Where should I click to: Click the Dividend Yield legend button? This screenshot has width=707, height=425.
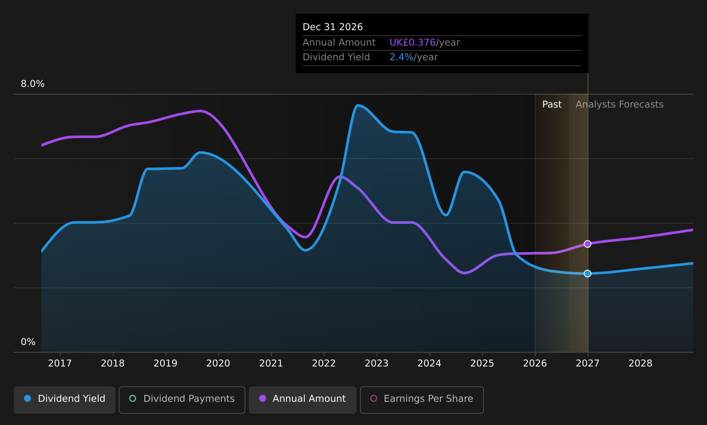coord(65,400)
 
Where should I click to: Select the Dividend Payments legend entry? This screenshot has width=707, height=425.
coord(182,400)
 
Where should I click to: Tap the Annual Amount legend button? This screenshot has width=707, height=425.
coord(303,400)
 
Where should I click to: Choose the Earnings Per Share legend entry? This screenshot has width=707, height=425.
coord(422,400)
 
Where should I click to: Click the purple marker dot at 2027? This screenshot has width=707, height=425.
coord(587,244)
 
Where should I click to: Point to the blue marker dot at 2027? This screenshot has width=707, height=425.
coord(587,273)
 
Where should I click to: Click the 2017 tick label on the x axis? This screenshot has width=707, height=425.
coord(60,363)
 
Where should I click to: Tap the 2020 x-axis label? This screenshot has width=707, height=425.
coord(218,363)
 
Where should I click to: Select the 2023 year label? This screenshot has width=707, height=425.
coord(377,363)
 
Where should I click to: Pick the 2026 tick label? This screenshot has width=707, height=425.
coord(535,363)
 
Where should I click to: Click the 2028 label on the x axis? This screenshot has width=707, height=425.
coord(640,363)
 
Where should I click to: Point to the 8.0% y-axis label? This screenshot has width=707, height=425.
coord(33,84)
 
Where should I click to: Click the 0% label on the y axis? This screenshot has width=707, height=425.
coord(28,342)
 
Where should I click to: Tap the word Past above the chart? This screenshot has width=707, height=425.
coord(552,105)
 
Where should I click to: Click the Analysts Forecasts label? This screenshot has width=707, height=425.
coord(620,105)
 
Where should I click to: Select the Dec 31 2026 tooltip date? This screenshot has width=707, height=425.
coord(333,27)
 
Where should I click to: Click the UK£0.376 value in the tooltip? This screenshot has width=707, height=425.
coord(412,43)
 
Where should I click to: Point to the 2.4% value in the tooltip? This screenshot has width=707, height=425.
coord(401,57)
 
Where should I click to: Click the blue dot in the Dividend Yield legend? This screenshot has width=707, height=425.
coord(28,398)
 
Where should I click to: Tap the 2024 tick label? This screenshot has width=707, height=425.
coord(429,363)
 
